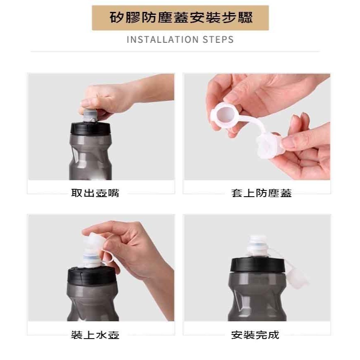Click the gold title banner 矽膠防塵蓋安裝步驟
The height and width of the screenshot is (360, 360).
click(x=180, y=18)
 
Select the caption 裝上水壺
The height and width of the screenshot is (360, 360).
click(x=95, y=335)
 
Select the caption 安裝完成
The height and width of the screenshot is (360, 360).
click(x=255, y=335)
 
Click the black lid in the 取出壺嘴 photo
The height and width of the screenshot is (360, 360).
click(x=91, y=128)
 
